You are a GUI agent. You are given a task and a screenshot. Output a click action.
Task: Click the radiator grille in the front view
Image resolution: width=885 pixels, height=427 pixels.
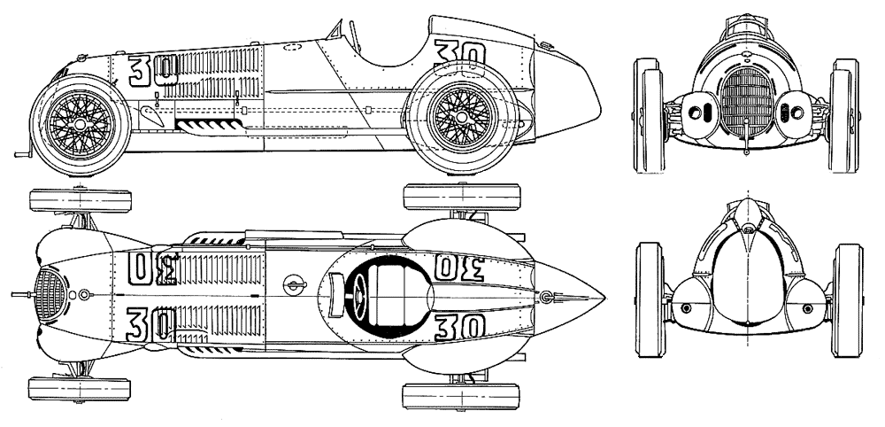744,104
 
